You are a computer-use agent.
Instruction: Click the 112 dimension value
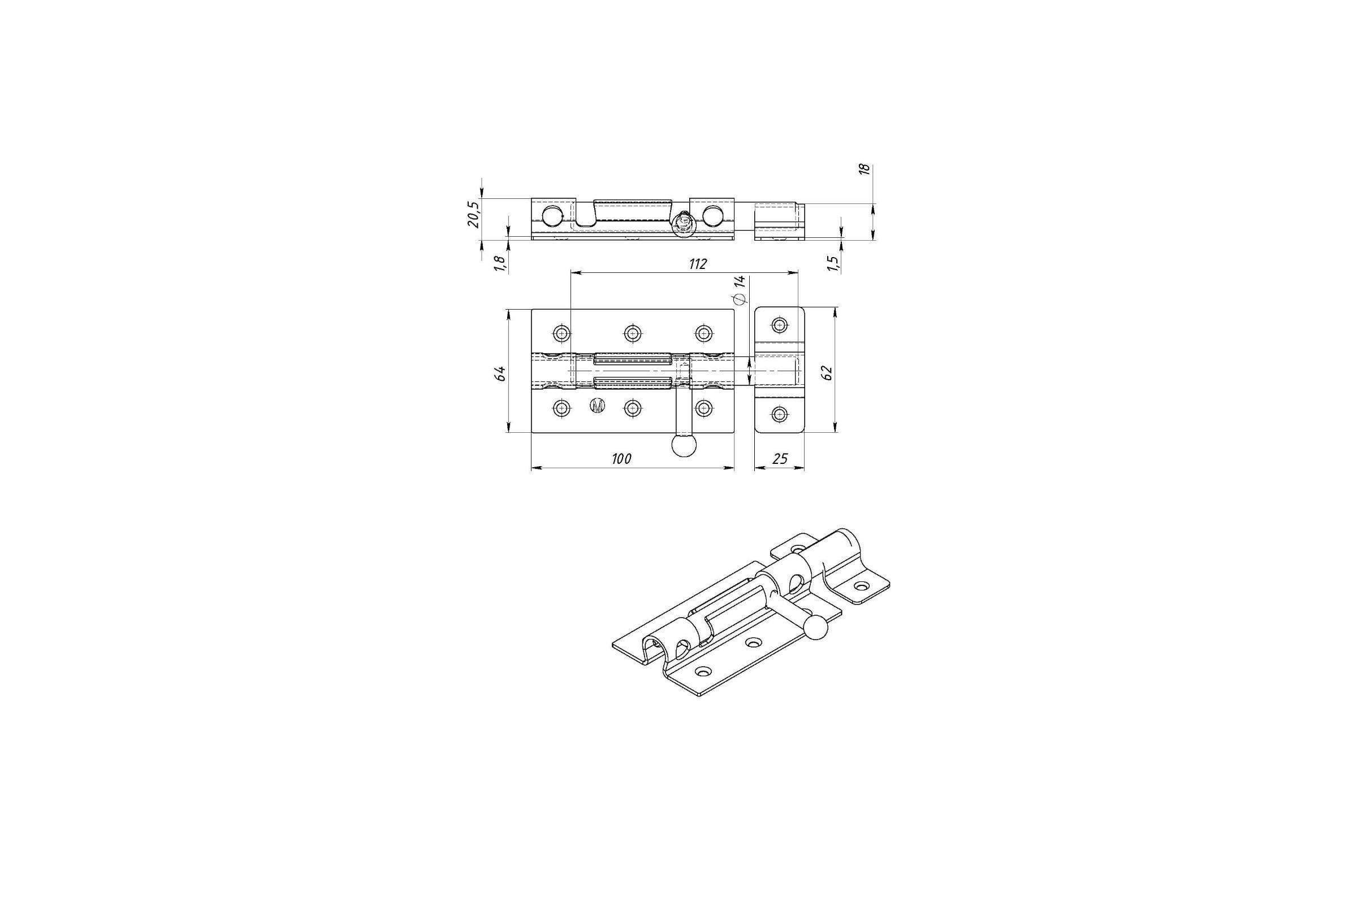pyautogui.click(x=698, y=264)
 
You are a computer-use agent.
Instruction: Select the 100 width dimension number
pyautogui.click(x=621, y=459)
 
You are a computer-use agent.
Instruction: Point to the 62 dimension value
pyautogui.click(x=827, y=372)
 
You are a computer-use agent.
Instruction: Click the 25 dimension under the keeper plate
pyautogui.click(x=780, y=459)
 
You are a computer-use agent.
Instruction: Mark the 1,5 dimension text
pyautogui.click(x=832, y=263)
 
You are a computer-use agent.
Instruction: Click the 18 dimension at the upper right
pyautogui.click(x=865, y=169)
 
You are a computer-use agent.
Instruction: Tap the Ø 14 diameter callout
pyautogui.click(x=739, y=289)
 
